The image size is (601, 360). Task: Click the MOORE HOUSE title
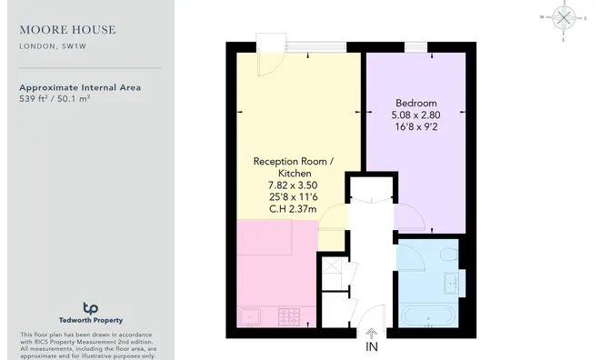67,29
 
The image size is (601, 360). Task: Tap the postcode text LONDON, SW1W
53,46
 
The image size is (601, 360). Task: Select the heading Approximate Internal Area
80,87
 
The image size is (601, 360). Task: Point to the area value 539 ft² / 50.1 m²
55,98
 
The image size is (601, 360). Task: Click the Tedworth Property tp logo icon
90,308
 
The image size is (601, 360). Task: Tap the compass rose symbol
564,17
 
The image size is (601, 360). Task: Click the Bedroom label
416,103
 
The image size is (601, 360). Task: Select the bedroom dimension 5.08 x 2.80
416,115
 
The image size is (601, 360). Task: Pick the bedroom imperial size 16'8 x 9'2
416,127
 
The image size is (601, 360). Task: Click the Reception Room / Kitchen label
294,167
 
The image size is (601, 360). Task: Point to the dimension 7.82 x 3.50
293,185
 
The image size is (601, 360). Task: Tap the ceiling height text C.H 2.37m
293,209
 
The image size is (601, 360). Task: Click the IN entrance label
371,346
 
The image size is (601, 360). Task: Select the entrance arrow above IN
371,333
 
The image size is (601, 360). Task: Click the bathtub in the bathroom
428,315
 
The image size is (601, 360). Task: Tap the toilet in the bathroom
449,255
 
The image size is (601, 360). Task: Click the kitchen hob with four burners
289,317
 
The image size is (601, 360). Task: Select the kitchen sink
249,317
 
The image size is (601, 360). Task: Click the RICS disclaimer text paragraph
88,345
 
